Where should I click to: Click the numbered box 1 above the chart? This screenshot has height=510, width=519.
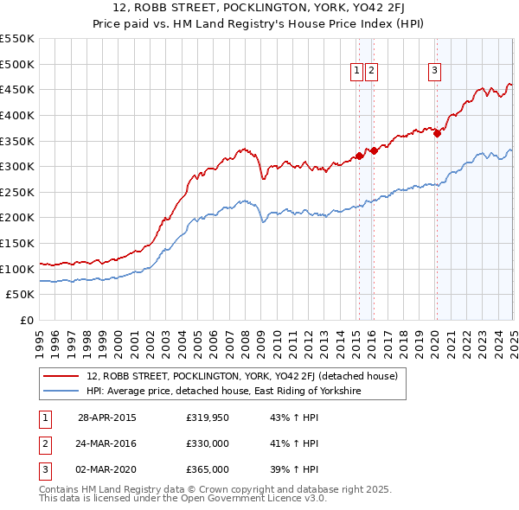pos(357,72)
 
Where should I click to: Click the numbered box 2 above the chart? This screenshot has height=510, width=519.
pos(371,72)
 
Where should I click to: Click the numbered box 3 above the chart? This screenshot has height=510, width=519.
pos(434,72)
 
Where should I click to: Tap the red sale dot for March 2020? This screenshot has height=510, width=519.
pos(438,133)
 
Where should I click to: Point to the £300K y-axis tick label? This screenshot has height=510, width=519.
pos(18,166)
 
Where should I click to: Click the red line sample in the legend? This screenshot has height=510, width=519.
pos(61,376)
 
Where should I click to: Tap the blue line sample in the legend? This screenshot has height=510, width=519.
pos(61,392)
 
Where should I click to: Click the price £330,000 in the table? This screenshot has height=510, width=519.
pos(208,443)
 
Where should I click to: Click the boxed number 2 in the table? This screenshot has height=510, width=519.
pos(43,443)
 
